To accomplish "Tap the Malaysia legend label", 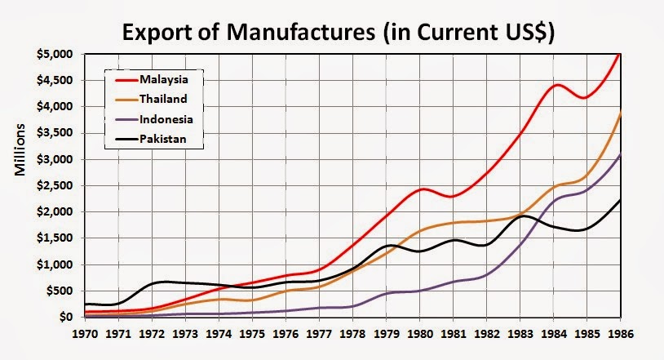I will coord(163,80).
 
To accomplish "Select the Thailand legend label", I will coord(163,100).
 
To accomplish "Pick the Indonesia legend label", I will coord(166,120).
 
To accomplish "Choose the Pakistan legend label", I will coord(162,140).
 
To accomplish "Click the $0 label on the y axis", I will coord(68,317).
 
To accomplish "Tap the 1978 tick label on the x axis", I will coord(352,334).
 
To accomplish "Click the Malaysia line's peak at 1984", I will coord(557,85).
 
